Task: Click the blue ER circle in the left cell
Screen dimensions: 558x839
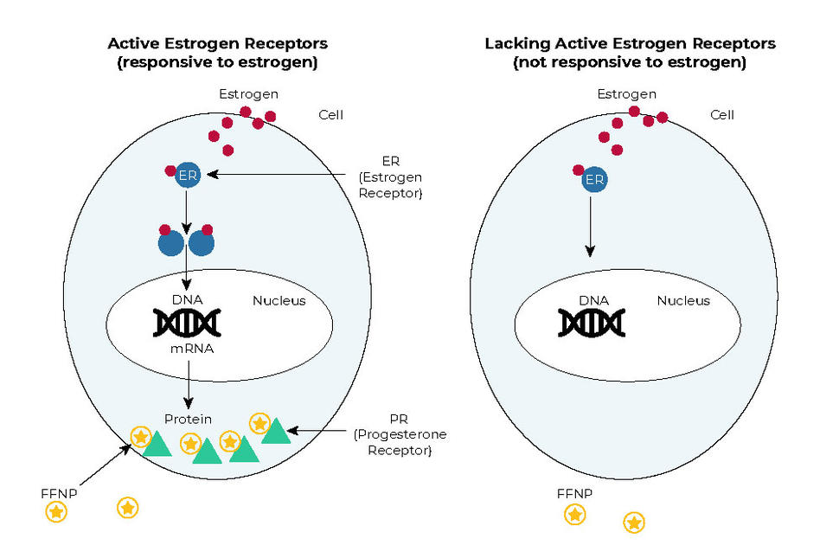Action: point(187,176)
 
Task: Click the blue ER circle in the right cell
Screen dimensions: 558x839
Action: point(594,180)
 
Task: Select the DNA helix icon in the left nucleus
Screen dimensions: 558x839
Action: point(187,323)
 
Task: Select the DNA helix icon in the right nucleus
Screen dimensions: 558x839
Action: point(592,323)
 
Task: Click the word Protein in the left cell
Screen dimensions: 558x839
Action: point(188,419)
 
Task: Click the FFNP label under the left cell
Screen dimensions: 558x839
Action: point(58,493)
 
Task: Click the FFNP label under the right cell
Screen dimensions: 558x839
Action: point(574,494)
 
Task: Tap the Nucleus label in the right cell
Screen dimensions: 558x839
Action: point(682,301)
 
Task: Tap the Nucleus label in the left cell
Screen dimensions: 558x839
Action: point(279,301)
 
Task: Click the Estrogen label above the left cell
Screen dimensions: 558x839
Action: point(248,93)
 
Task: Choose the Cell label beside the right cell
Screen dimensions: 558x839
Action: point(722,114)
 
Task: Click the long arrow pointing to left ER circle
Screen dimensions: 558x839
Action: point(277,175)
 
